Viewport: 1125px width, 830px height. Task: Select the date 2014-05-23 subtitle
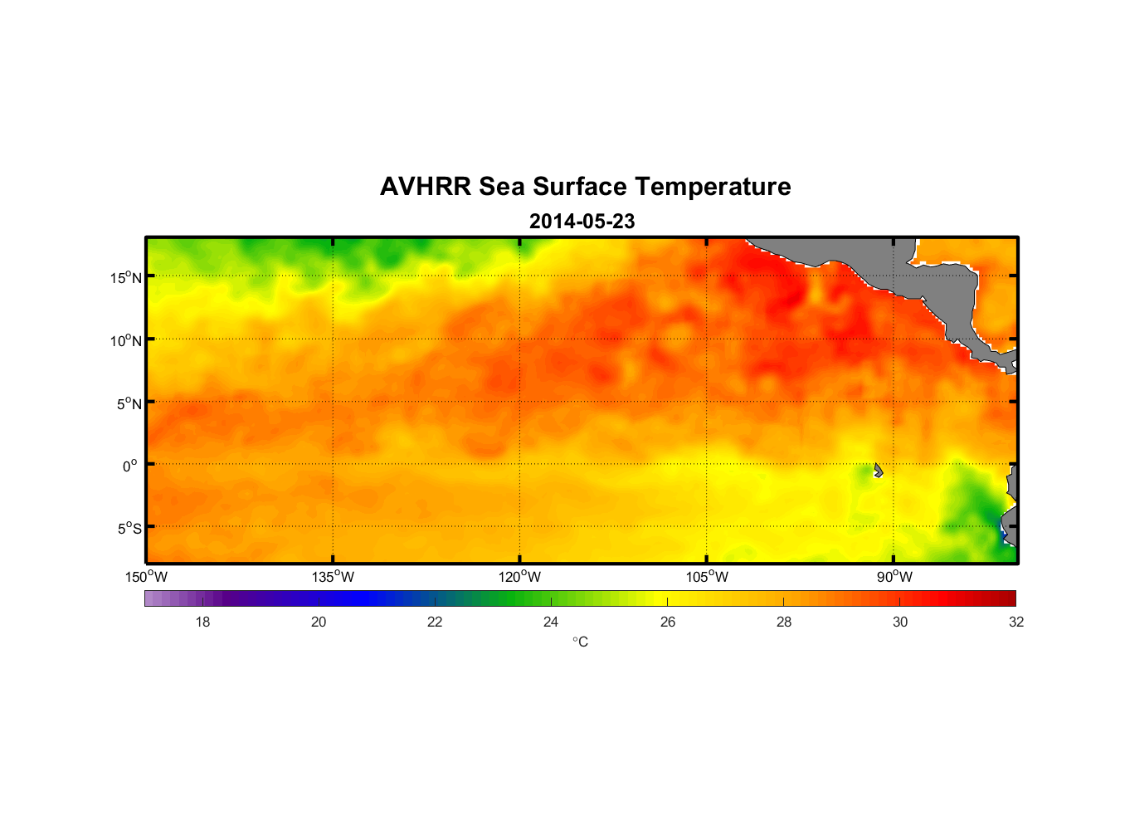(x=582, y=222)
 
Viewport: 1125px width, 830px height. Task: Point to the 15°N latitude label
(x=126, y=277)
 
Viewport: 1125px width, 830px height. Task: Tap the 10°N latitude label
(x=126, y=340)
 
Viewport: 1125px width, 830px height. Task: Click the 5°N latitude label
(x=129, y=403)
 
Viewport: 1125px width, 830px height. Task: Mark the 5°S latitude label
(x=129, y=529)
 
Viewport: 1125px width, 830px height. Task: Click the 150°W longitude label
(x=147, y=577)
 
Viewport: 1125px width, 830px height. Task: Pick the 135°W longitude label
(x=333, y=577)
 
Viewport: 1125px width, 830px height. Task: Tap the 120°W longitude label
(x=519, y=577)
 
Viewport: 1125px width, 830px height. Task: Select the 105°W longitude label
(x=707, y=577)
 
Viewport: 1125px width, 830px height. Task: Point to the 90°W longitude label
(x=894, y=577)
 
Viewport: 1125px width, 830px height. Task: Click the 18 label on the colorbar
(x=202, y=622)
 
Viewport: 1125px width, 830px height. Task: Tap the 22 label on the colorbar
(x=435, y=622)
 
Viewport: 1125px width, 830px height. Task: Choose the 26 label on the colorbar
(x=668, y=622)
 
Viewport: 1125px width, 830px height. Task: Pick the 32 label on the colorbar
(x=1016, y=622)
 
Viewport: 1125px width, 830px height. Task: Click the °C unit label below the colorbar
(x=580, y=642)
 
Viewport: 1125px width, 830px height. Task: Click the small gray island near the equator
(x=878, y=471)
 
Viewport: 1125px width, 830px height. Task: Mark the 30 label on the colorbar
(x=900, y=622)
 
